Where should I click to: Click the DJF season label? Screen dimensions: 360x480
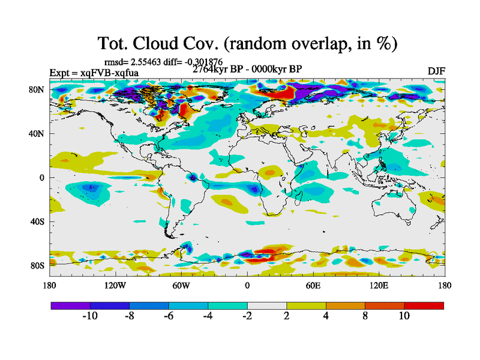(436, 71)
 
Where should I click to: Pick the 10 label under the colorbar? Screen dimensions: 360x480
(404, 316)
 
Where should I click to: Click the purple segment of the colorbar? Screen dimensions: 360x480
(70, 305)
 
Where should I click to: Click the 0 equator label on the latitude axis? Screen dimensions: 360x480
(42, 178)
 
